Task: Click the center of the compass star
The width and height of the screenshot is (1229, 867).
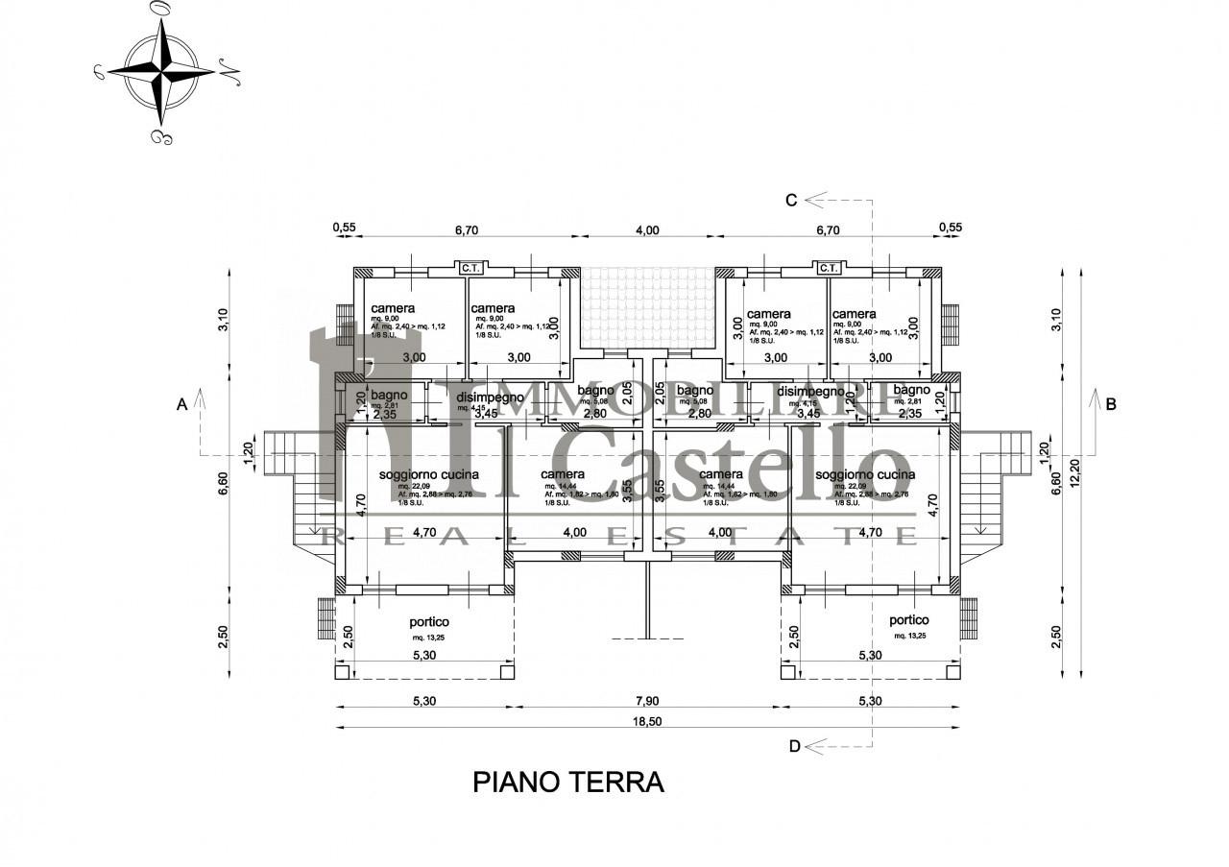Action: [160, 70]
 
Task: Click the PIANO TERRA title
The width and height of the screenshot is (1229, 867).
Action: [568, 783]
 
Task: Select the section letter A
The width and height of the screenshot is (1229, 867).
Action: [181, 405]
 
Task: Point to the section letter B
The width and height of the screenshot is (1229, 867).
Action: [1111, 404]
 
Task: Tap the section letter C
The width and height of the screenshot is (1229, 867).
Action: [791, 200]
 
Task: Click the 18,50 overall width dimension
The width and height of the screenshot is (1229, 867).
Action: [648, 722]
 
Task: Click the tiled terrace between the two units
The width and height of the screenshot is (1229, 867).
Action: [649, 308]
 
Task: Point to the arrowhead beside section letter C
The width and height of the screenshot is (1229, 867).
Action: [816, 200]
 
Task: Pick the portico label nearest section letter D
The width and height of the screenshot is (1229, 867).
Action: [909, 620]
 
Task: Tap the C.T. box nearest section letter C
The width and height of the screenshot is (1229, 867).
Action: [829, 268]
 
